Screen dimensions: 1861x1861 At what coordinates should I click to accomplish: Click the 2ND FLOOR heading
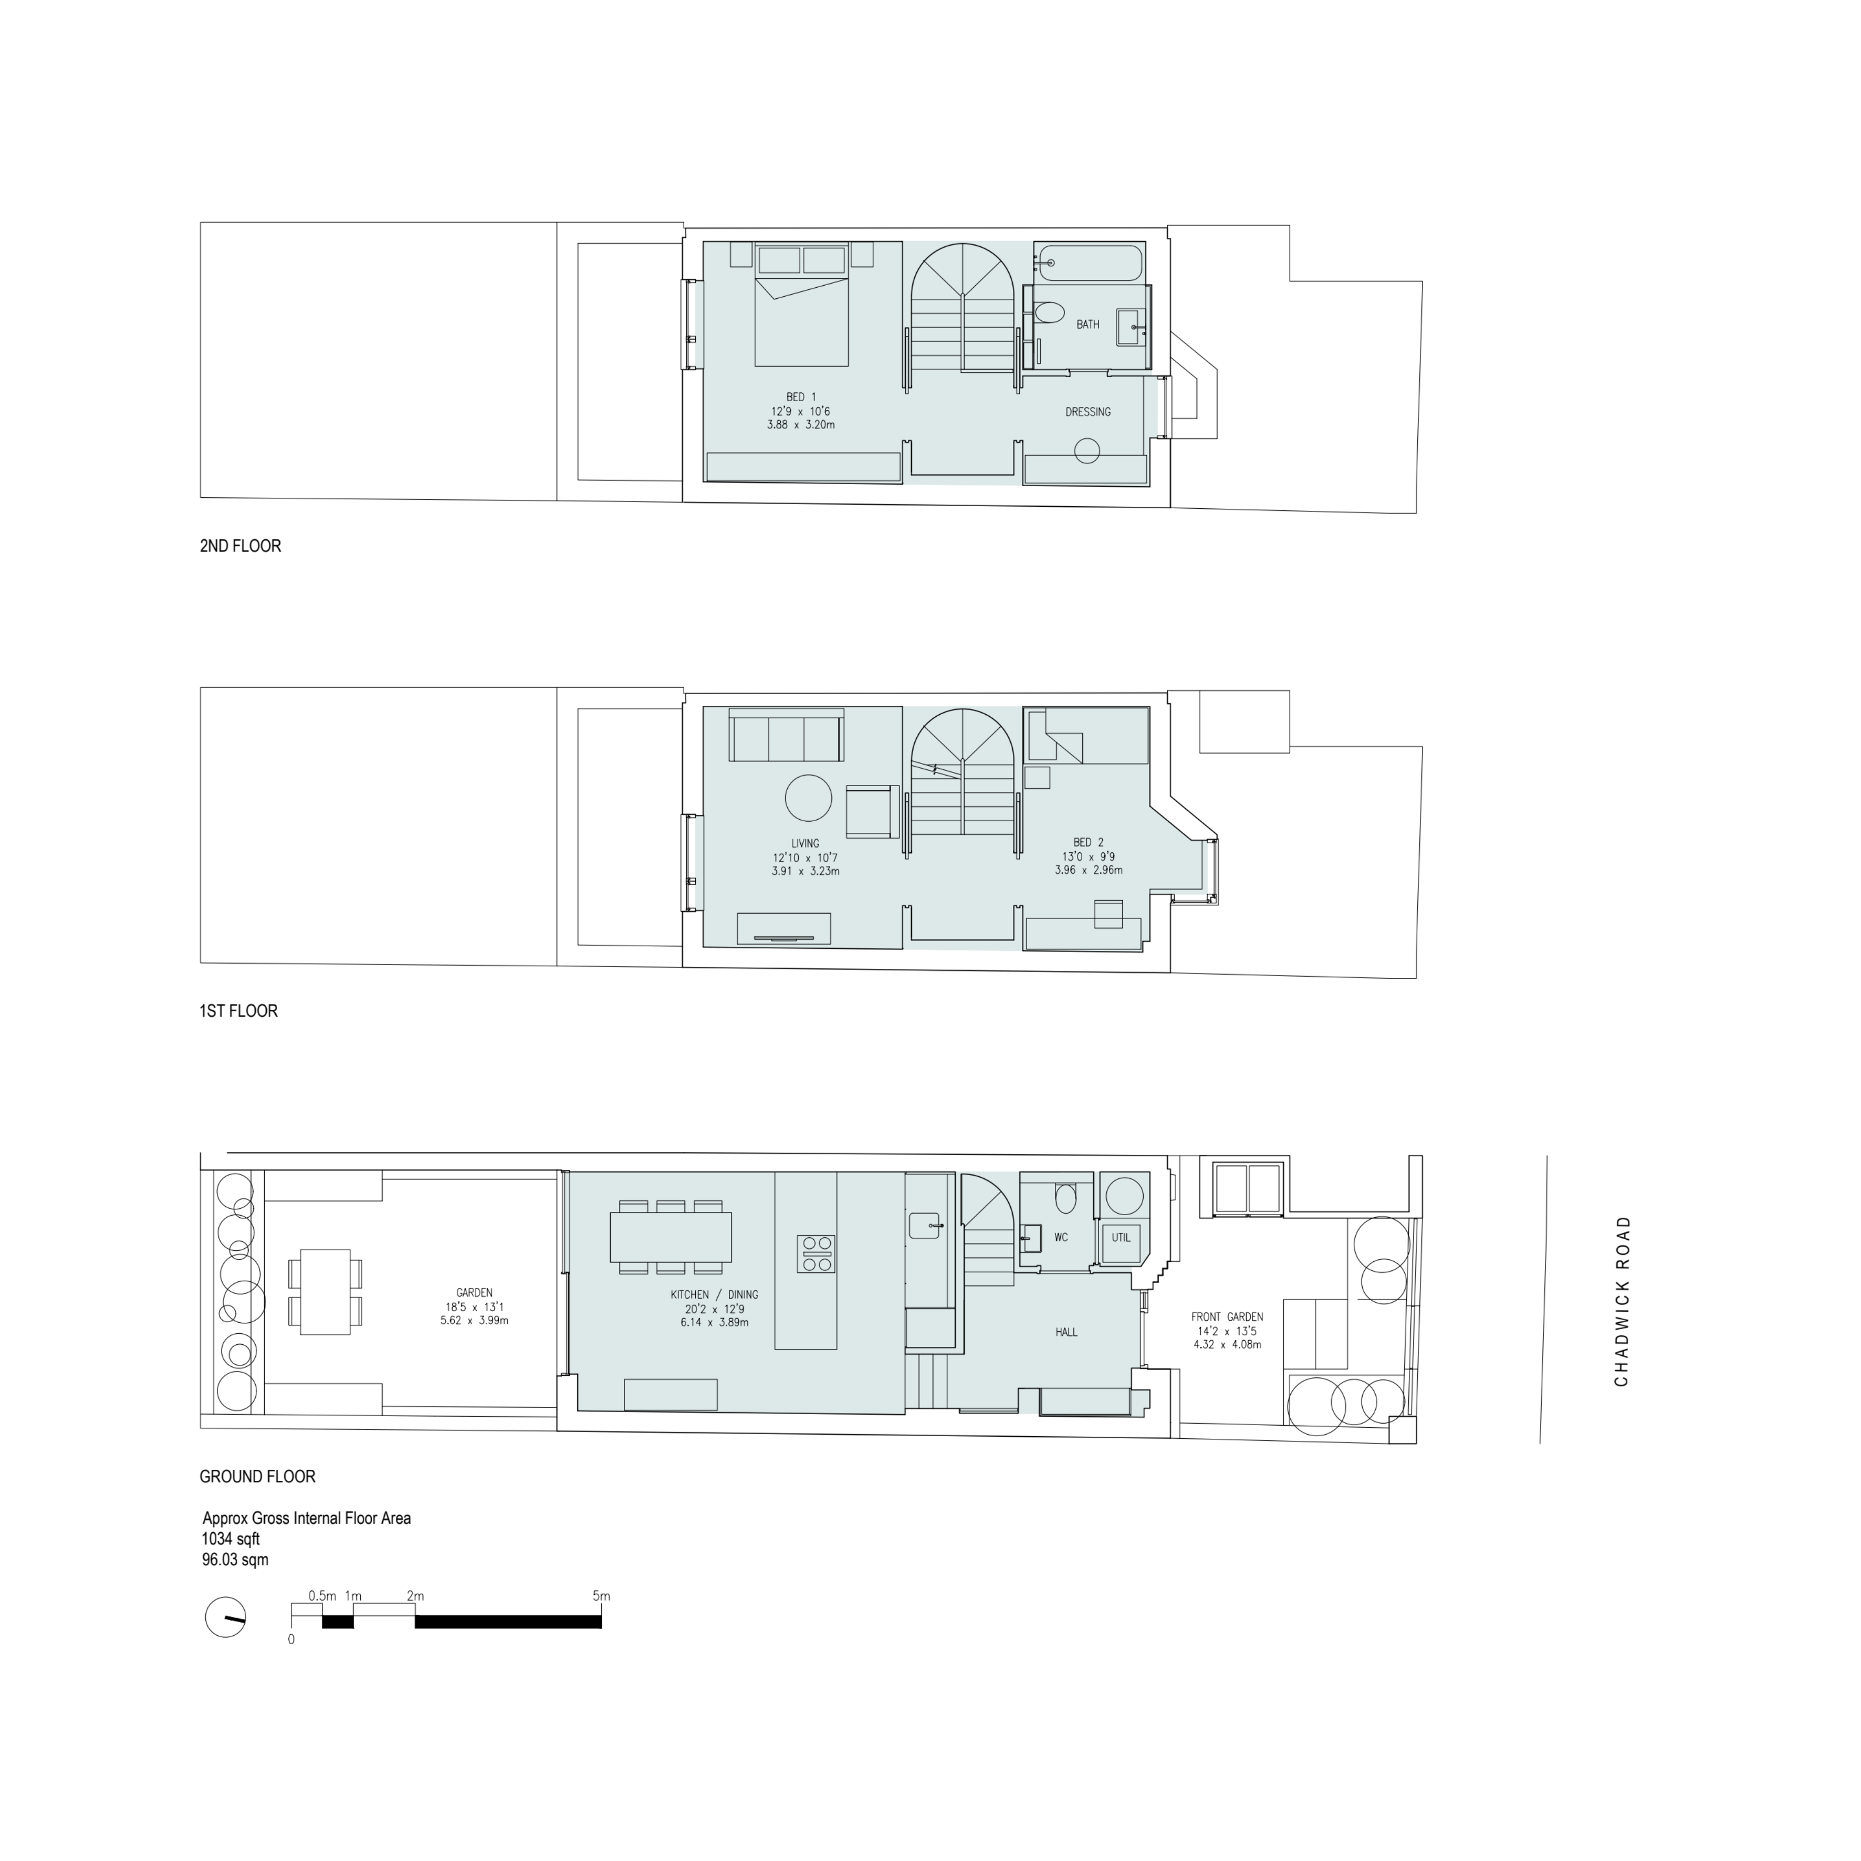tap(240, 546)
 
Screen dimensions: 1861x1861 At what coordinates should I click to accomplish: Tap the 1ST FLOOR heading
tap(238, 1011)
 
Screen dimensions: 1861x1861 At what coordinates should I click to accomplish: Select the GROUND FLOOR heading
tap(257, 1477)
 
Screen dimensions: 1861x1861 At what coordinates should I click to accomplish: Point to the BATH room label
tap(1088, 325)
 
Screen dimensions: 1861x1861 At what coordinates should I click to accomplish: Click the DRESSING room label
tap(1088, 412)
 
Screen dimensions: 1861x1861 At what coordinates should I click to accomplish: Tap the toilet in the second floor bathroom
tap(1049, 312)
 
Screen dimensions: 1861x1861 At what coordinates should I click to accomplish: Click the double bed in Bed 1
tap(801, 318)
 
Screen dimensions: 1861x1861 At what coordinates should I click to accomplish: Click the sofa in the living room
tap(786, 738)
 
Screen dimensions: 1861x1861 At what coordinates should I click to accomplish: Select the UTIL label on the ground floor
tap(1121, 1238)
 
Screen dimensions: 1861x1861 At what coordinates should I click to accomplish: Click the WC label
tap(1061, 1238)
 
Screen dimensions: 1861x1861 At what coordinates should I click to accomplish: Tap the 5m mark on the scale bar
tap(601, 1596)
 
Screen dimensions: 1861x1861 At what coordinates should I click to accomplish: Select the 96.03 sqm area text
tap(235, 1560)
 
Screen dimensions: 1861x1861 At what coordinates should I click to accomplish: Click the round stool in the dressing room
tap(1086, 451)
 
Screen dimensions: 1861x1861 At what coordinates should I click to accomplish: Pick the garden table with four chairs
tap(326, 1292)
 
